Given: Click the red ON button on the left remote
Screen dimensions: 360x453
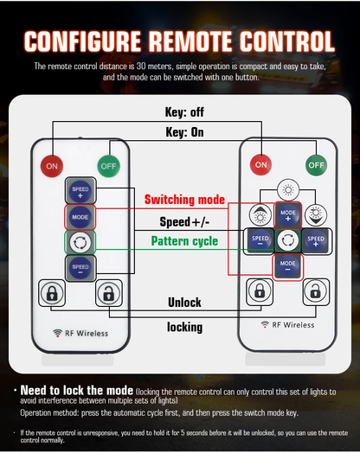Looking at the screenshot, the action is click(x=52, y=166).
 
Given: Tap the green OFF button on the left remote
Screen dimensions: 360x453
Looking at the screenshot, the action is click(x=108, y=166).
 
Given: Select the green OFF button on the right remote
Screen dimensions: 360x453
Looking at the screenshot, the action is click(x=317, y=165).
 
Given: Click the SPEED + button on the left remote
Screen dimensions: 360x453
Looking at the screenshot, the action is click(x=80, y=191).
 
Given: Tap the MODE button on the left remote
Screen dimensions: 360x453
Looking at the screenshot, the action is click(x=80, y=217).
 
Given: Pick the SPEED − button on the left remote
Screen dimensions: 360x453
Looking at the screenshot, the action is click(x=80, y=268).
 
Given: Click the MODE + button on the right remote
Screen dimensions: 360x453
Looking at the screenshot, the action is click(x=288, y=215).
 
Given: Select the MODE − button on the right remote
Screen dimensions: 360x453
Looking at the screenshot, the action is click(x=287, y=266).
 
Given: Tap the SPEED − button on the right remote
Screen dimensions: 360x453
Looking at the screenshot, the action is click(x=260, y=241).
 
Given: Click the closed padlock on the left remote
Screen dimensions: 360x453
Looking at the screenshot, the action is click(x=52, y=293).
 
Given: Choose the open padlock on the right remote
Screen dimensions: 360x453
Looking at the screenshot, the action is click(x=316, y=292).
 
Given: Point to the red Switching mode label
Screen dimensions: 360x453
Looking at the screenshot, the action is click(x=184, y=200).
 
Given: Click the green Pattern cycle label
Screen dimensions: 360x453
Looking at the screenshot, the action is click(x=184, y=241).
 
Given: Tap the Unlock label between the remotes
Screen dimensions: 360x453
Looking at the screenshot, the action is click(x=184, y=303).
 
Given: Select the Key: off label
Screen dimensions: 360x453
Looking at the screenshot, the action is click(x=184, y=112).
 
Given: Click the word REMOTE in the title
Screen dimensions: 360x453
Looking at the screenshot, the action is click(x=190, y=41).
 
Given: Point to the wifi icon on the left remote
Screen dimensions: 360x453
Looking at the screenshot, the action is click(x=57, y=333).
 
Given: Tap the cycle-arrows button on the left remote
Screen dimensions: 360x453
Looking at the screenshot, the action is click(x=80, y=242).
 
